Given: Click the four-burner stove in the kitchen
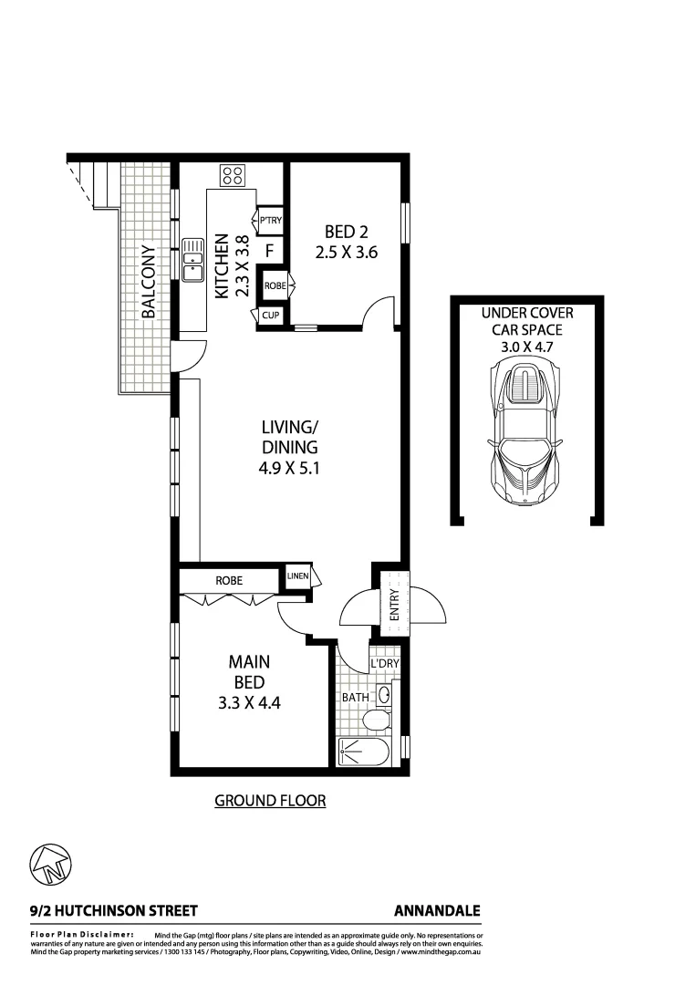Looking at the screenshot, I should pos(232,175).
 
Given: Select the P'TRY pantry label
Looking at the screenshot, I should pos(270,221).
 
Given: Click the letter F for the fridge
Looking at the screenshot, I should pos(270,250).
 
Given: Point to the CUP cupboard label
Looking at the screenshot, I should pos(271,316).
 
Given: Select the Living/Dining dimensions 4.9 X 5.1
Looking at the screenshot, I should pos(289,470).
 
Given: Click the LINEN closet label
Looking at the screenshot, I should pos(298,576).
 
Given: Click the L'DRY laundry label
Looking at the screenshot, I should pos(384,665).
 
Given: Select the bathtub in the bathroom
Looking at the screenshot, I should pos(363,752).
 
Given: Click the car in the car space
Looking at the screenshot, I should pos(525,430).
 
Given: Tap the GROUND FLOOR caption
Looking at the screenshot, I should pos(270,801).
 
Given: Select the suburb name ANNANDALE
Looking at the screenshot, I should pos(437,910).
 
